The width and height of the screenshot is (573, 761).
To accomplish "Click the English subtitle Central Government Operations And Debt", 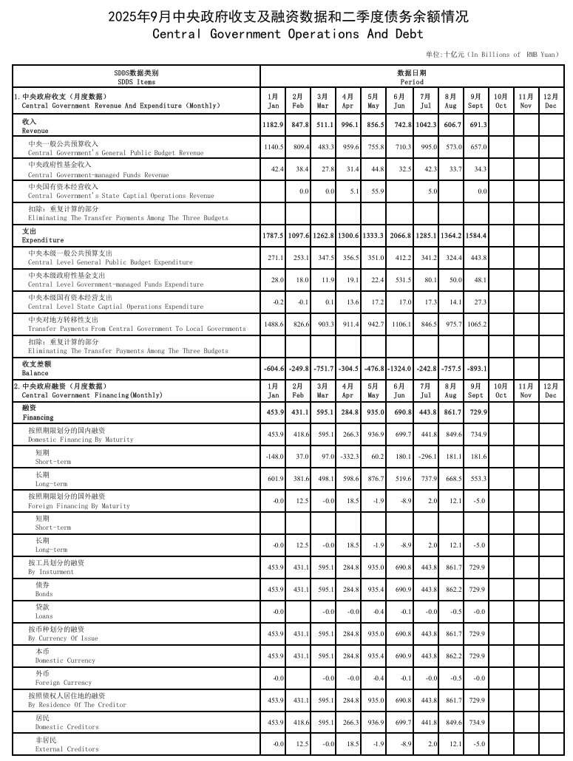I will pyautogui.click(x=288, y=34).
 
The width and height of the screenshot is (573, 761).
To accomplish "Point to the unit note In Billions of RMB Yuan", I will pyautogui.click(x=492, y=55).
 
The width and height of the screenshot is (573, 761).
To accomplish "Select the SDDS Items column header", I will pyautogui.click(x=135, y=78).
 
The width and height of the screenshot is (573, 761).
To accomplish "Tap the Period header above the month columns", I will pyautogui.click(x=410, y=78).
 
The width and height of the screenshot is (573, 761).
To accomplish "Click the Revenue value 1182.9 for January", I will pyautogui.click(x=274, y=126).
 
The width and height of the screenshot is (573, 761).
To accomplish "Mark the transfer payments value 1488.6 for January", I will pyautogui.click(x=274, y=324).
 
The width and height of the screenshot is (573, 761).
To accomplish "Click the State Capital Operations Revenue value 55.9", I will pyautogui.click(x=373, y=191).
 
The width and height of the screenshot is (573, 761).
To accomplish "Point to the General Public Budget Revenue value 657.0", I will pyautogui.click(x=478, y=147).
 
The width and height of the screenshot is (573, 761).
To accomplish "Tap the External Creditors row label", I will pyautogui.click(x=67, y=744).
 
